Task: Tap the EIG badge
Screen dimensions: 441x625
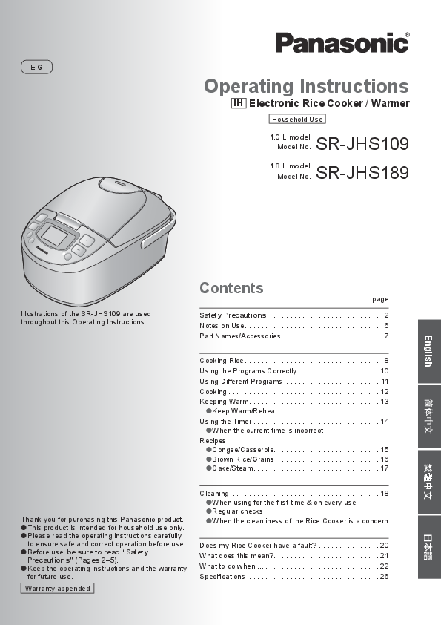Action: pos(36,67)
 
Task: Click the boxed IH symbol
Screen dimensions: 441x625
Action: pos(239,104)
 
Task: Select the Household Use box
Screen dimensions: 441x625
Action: pos(297,119)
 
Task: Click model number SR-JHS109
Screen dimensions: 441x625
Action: pos(362,143)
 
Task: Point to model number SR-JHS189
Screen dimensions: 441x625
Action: pos(362,173)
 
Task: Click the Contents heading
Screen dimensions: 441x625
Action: pos(231,288)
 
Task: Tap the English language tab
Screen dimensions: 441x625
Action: pos(428,351)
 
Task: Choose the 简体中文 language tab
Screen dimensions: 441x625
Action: pos(428,417)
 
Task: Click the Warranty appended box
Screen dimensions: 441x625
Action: pos(57,588)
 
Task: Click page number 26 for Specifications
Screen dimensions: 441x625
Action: pos(384,577)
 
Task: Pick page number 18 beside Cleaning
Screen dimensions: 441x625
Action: pos(384,494)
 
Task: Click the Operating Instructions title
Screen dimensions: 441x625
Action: pos(306,86)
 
